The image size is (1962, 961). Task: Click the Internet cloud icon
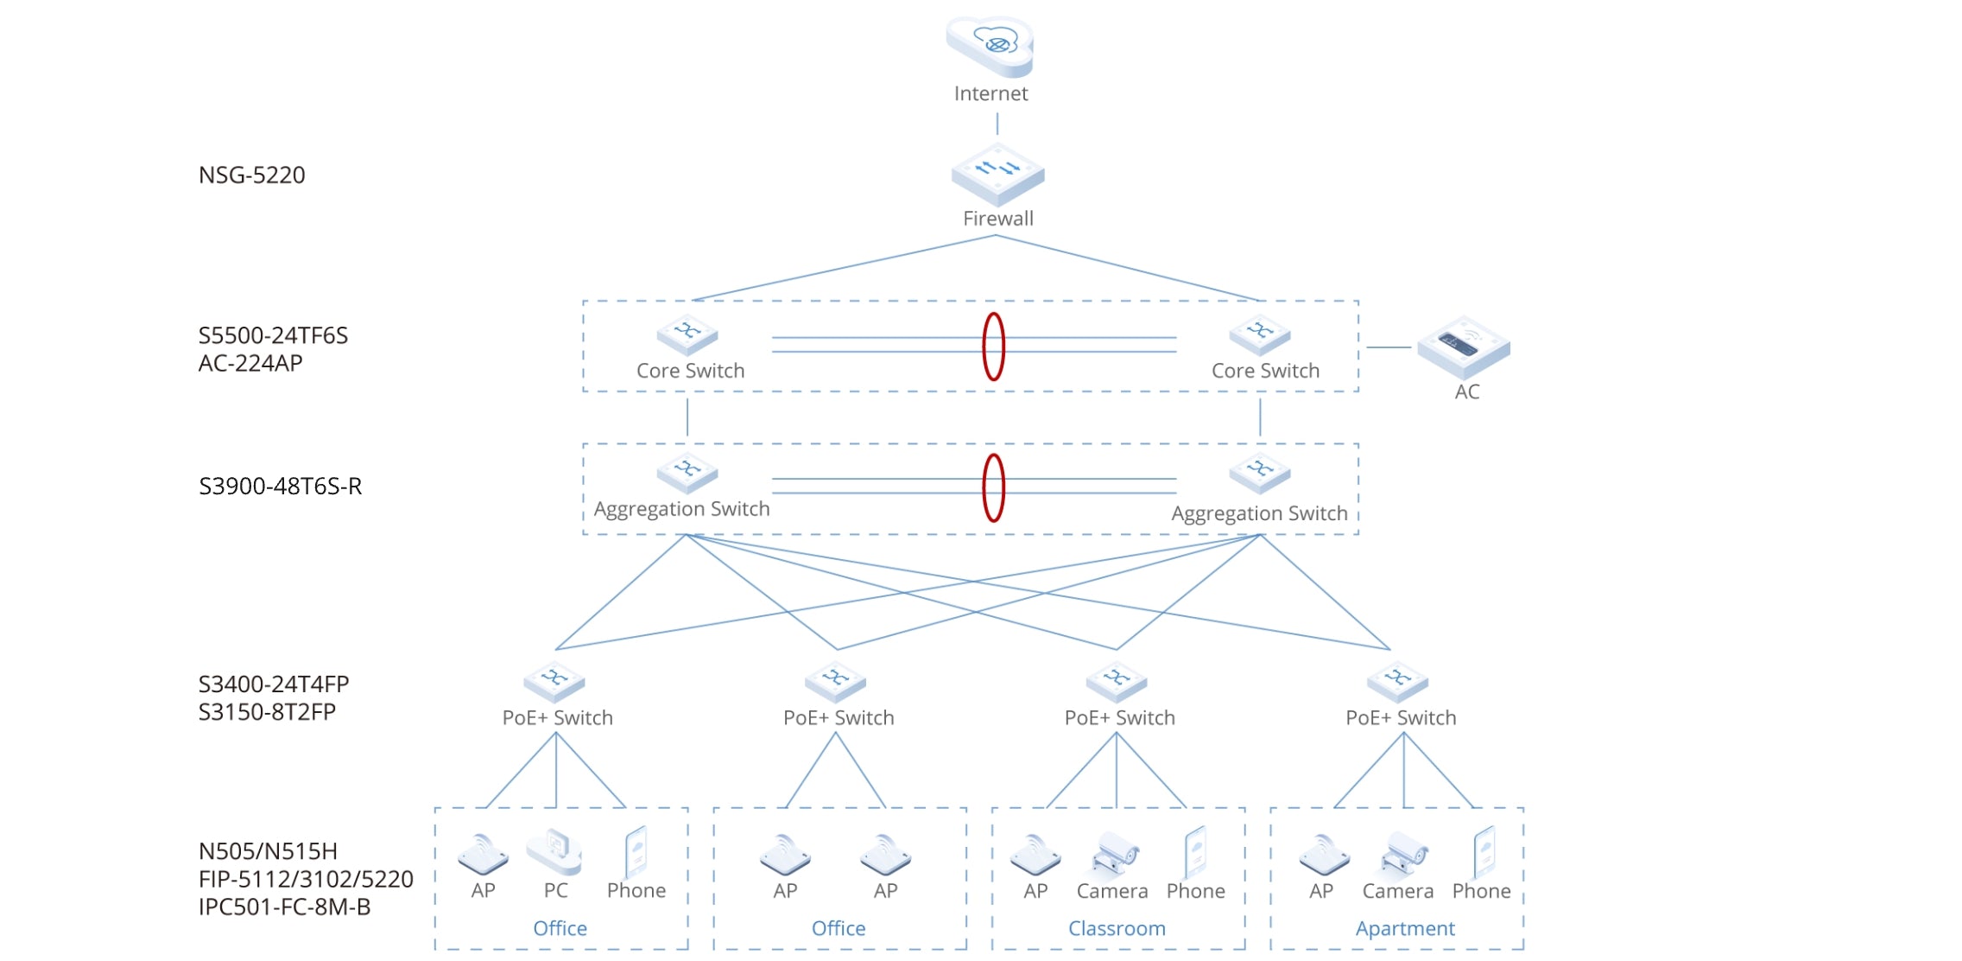click(990, 46)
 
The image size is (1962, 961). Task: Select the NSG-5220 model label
click(251, 175)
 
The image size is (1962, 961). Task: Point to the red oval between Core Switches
click(994, 347)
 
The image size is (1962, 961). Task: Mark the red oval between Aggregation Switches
click(994, 487)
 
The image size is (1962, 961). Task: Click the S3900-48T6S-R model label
click(280, 487)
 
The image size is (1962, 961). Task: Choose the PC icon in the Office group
click(554, 852)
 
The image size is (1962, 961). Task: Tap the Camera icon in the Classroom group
click(1115, 853)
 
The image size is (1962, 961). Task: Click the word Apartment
click(1404, 929)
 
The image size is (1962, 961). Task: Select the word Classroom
click(1117, 929)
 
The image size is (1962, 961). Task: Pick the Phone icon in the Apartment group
click(1484, 851)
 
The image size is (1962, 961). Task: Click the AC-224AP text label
click(250, 364)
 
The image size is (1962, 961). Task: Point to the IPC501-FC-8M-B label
click(284, 907)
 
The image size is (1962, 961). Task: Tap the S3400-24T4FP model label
click(274, 684)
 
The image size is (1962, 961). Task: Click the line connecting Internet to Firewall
click(997, 124)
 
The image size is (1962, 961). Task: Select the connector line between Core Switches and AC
click(1389, 347)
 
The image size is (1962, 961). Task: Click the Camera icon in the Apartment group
click(1403, 853)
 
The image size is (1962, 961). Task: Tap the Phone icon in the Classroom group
click(1196, 851)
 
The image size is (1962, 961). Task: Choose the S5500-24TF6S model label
click(273, 336)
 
